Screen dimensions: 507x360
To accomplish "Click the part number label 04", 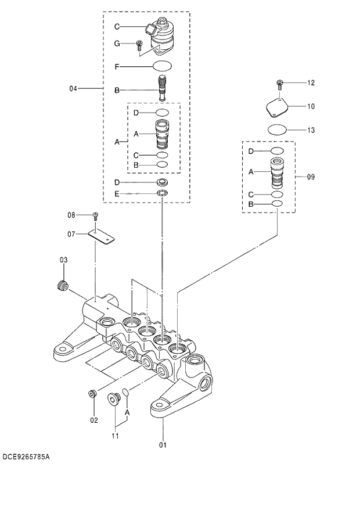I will coord(73,89).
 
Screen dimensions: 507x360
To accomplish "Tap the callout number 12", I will coord(311,83).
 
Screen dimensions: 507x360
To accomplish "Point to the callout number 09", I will coord(311,176).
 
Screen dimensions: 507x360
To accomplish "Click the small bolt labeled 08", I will coord(96,216).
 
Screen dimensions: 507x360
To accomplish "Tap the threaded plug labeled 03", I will coord(60,285).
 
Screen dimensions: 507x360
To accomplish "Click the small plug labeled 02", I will coord(92,395).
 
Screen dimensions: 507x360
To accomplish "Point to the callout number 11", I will coord(116,435).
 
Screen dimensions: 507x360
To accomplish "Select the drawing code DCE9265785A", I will coord(26,458).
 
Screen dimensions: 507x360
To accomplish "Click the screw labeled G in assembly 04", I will coord(139,45).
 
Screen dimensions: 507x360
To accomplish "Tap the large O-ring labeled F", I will coord(163,67).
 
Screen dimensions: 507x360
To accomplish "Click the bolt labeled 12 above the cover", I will coord(279,84).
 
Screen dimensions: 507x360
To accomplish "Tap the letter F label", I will coord(117,67).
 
